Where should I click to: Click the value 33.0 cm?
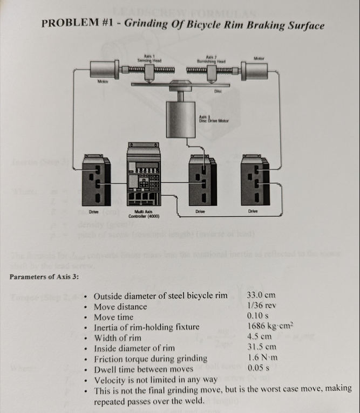tap(262, 295)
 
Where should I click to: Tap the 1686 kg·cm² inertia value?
tap(269, 326)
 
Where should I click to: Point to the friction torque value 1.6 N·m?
tap(262, 357)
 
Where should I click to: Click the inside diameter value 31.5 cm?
tap(262, 347)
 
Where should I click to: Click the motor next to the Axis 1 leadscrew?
tap(103, 70)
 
